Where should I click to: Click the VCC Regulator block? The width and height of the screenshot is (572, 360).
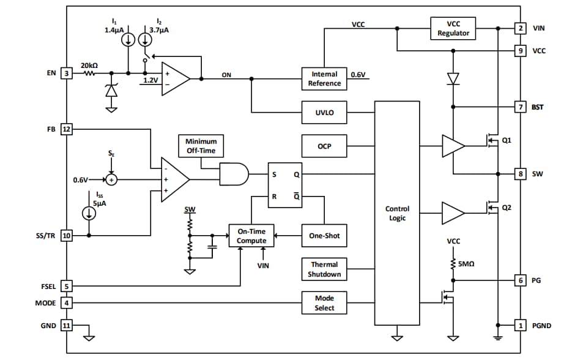point(453,28)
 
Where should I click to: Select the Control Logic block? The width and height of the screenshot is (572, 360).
point(397,213)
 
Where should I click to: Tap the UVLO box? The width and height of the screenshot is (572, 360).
point(324,113)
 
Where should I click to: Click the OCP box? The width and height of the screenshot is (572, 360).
point(324,146)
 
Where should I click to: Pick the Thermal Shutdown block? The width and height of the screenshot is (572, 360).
point(324,269)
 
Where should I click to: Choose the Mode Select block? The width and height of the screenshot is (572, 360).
point(324,303)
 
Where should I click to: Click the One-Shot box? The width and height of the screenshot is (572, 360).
point(324,236)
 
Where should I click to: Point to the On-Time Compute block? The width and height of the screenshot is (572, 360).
point(251,236)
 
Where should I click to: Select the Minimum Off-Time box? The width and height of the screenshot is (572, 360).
point(201,146)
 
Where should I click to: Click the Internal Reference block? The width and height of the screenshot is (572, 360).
point(324,78)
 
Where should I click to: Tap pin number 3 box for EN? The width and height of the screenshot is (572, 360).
point(67,73)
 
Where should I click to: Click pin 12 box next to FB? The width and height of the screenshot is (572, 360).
point(67,129)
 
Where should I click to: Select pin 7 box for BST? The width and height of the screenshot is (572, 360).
point(520,107)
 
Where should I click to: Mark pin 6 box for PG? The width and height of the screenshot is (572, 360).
point(520,280)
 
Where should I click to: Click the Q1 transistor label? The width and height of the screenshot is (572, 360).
point(506,140)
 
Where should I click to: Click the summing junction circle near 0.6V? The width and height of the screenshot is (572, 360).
point(111,180)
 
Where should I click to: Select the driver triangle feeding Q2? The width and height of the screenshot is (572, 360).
point(453,213)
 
